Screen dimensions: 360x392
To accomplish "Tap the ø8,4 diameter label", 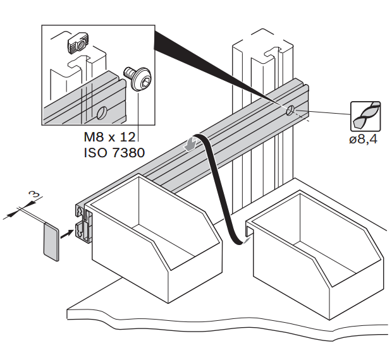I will click(363, 140).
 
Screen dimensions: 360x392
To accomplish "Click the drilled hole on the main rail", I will click(290, 111).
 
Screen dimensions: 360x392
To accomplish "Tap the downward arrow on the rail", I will click(188, 145).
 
